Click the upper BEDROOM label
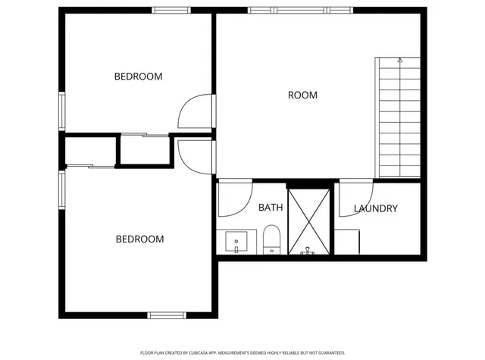point(138,77)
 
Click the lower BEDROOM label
point(139,239)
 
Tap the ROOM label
point(302,95)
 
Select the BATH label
point(271,208)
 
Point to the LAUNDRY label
point(375,208)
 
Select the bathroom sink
point(238,244)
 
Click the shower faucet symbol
point(308,250)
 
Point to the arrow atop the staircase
point(399,59)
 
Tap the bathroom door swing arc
point(235,198)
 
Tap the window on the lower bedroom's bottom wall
point(167,315)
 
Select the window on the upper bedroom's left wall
point(62,110)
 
